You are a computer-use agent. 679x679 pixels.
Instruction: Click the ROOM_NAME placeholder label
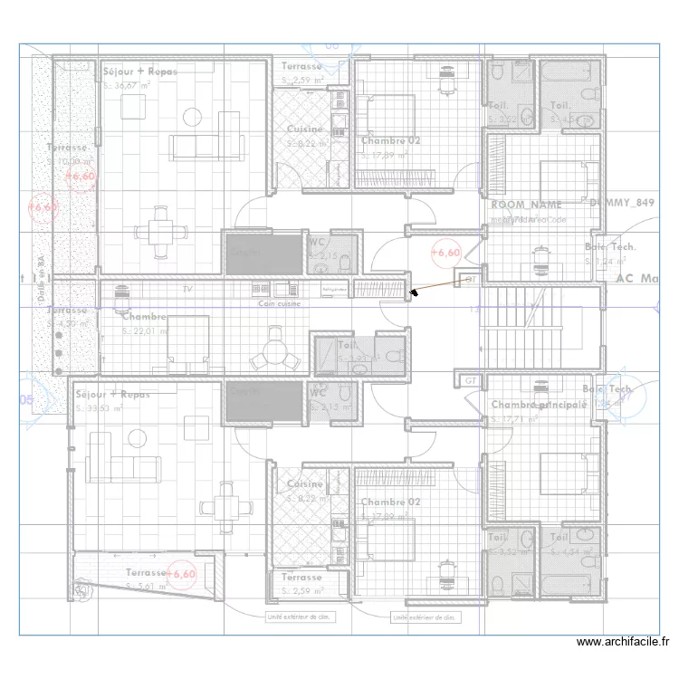click(x=526, y=206)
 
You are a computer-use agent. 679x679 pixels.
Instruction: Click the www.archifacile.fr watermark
click(x=623, y=642)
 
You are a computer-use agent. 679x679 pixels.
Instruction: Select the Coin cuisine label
click(x=279, y=304)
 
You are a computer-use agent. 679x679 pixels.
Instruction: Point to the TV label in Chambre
click(x=187, y=289)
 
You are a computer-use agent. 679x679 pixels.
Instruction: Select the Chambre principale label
click(x=539, y=405)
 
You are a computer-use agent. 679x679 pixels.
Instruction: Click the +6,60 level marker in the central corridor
click(x=445, y=253)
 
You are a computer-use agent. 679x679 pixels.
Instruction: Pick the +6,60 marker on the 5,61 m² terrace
click(x=183, y=574)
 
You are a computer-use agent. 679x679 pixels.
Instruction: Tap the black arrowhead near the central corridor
click(x=413, y=292)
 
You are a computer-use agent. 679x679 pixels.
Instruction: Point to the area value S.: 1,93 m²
click(x=355, y=359)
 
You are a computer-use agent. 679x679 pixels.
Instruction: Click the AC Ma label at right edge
click(x=636, y=279)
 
